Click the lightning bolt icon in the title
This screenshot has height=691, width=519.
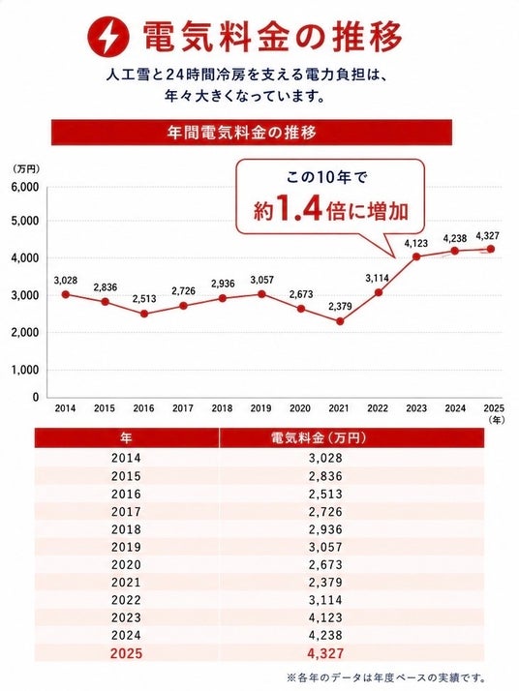(x=108, y=37)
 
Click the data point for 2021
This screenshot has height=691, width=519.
(x=340, y=321)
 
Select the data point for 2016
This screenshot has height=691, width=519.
(x=144, y=314)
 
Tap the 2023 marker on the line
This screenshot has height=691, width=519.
(x=415, y=256)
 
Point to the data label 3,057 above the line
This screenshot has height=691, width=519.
(x=262, y=280)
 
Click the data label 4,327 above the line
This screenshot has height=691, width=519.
(x=487, y=236)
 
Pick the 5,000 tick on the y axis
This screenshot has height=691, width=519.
(x=24, y=221)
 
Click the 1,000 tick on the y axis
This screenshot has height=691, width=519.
(x=24, y=370)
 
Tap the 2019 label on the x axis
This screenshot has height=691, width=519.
(x=261, y=408)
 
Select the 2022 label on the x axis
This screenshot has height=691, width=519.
(x=378, y=408)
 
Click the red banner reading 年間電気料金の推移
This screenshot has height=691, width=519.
(x=252, y=133)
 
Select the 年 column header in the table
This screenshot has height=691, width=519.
(x=126, y=438)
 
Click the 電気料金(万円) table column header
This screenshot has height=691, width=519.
(x=318, y=438)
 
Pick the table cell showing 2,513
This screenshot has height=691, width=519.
(x=325, y=494)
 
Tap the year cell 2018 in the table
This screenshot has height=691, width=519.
(x=126, y=529)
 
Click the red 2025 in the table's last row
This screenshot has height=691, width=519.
(x=126, y=653)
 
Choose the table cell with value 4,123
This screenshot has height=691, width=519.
(x=325, y=617)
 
